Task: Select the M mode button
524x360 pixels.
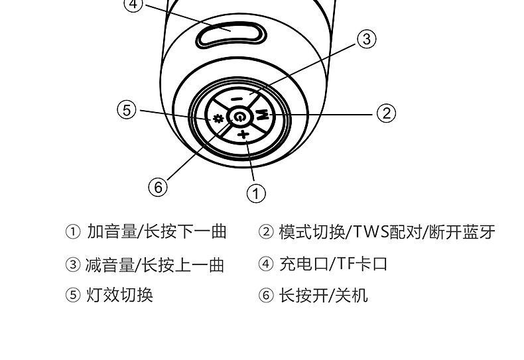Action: (262, 114)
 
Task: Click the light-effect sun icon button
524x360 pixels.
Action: (217, 119)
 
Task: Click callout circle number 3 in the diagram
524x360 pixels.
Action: (367, 38)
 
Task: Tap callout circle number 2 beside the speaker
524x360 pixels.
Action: (386, 113)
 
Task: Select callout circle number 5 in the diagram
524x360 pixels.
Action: (127, 109)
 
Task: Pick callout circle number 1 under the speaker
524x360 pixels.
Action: (256, 193)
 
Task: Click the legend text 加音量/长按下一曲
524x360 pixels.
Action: (157, 231)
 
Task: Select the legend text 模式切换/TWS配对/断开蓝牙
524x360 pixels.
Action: (387, 231)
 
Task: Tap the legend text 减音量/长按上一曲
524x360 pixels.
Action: (156, 265)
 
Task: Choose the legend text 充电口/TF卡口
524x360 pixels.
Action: (333, 264)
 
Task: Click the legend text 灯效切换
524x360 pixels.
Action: (120, 294)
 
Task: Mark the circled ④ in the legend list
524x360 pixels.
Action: (266, 265)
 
